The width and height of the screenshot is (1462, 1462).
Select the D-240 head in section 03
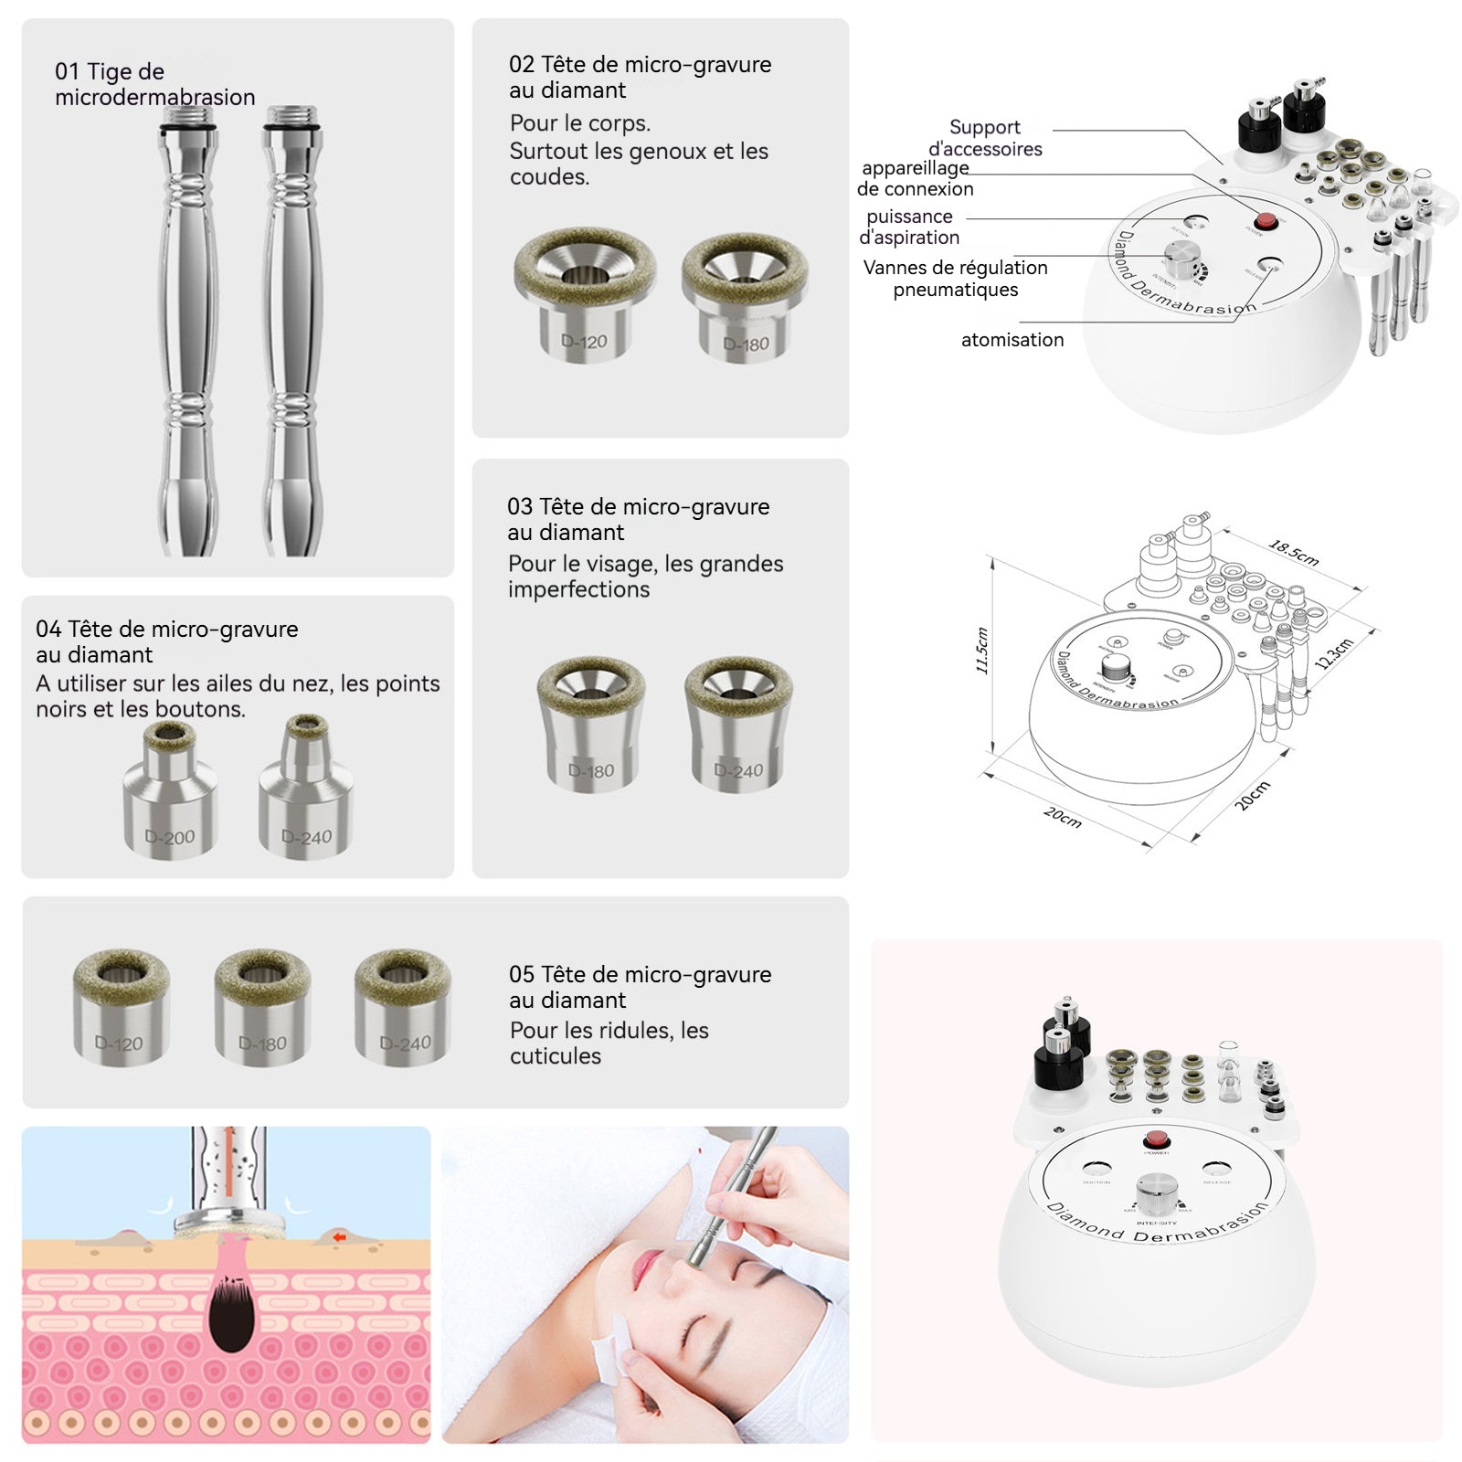(x=738, y=726)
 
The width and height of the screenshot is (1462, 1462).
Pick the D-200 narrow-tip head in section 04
(x=170, y=793)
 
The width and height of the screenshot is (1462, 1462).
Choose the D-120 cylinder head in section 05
(x=121, y=1008)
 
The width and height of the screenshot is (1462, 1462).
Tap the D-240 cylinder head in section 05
(x=402, y=1008)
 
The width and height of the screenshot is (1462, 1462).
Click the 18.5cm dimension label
(x=1293, y=553)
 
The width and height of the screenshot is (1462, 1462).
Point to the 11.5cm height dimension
(x=983, y=651)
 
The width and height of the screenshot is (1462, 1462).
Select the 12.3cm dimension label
(x=1334, y=654)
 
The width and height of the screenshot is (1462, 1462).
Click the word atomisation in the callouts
(x=1012, y=340)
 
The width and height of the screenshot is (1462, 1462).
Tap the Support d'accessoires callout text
(x=985, y=138)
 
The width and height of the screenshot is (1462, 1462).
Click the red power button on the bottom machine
(x=1156, y=1139)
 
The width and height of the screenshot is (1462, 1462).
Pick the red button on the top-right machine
(x=1266, y=221)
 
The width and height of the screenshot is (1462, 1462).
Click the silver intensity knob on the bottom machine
(x=1156, y=1194)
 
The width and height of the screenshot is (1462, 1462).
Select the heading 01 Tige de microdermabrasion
(x=154, y=84)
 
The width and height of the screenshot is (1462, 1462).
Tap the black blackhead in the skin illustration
(x=229, y=1316)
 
